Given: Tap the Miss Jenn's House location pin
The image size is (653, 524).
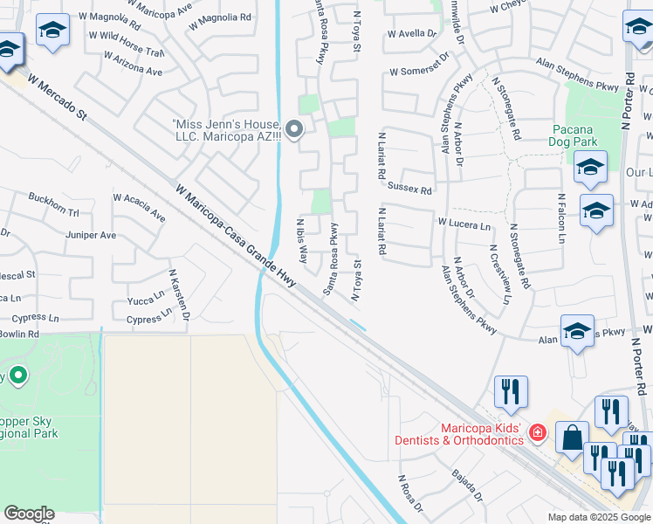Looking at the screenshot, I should (294, 131).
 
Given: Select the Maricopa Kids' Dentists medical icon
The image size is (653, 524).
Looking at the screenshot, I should (538, 432).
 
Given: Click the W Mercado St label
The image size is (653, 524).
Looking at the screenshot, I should (58, 96).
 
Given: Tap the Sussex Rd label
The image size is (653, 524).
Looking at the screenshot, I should (409, 189).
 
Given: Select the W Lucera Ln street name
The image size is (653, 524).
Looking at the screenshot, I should (464, 225).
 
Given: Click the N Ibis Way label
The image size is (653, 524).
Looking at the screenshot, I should (303, 241).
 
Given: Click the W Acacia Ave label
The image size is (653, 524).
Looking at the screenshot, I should (139, 207).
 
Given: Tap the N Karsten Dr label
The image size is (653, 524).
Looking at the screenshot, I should (178, 296).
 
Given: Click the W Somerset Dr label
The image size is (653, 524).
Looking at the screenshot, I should (419, 63).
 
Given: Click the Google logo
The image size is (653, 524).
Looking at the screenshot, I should (29, 514).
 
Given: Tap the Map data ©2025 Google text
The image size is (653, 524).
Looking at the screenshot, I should (598, 517).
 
